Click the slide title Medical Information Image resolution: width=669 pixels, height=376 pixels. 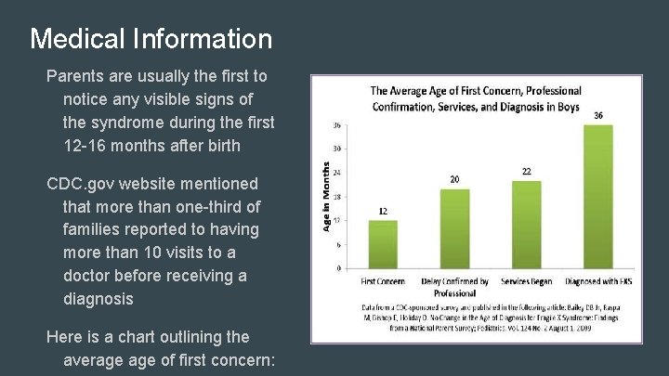[151, 39]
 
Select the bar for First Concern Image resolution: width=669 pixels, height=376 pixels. [383, 244]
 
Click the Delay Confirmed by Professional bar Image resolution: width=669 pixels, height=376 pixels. [454, 228]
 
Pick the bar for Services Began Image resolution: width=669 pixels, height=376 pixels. [526, 225]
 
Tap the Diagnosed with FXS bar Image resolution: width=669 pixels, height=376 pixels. [597, 197]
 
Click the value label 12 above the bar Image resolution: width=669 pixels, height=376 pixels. [383, 212]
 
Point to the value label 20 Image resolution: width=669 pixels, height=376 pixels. [454, 179]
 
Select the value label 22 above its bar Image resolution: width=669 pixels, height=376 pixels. [526, 172]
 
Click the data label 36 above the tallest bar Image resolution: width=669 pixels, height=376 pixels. [597, 115]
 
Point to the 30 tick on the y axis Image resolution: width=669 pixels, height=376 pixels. [337, 149]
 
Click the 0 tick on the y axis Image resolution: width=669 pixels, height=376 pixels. [339, 268]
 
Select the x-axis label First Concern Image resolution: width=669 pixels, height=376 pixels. [383, 281]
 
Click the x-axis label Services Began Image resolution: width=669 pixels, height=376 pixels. [526, 281]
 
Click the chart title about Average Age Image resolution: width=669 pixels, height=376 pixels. [475, 98]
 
